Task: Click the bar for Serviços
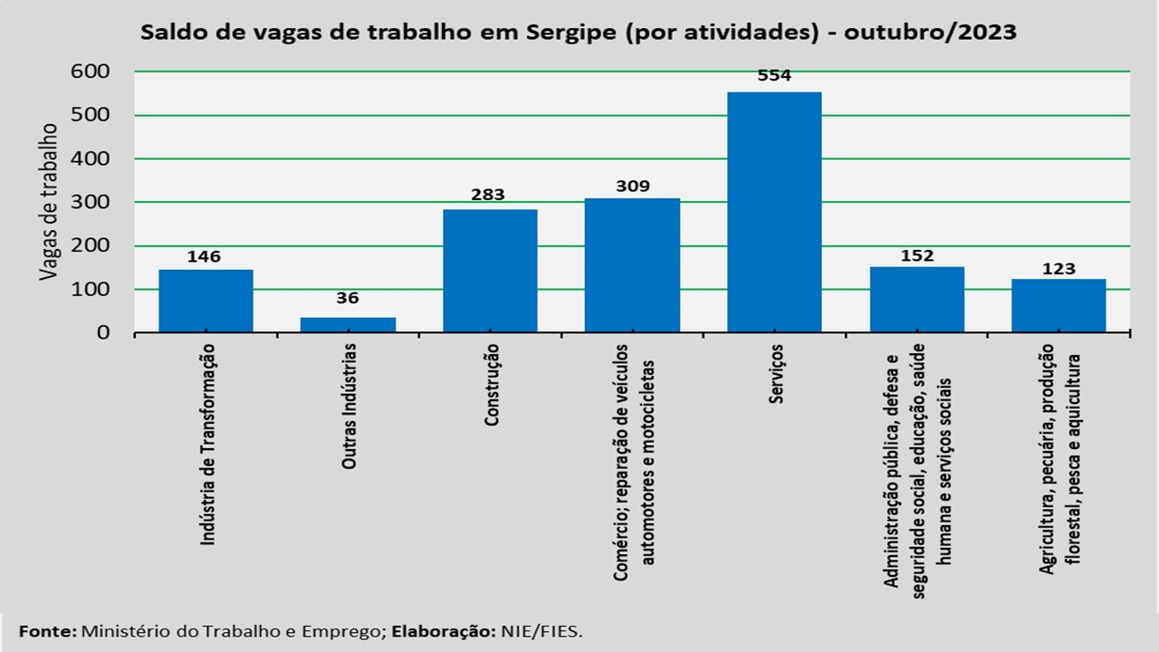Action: click(x=774, y=212)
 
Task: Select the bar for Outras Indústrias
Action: click(x=348, y=324)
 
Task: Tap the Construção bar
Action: click(x=490, y=271)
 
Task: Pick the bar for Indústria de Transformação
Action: click(x=206, y=301)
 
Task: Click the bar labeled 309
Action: click(x=632, y=264)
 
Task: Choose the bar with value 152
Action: click(x=916, y=299)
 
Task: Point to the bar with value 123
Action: click(x=1058, y=305)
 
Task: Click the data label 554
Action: click(x=774, y=76)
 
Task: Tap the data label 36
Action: click(x=348, y=299)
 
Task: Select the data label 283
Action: click(x=489, y=194)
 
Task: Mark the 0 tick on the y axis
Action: click(x=102, y=332)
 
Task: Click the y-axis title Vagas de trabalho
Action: click(x=49, y=201)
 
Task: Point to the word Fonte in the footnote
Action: click(x=48, y=630)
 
